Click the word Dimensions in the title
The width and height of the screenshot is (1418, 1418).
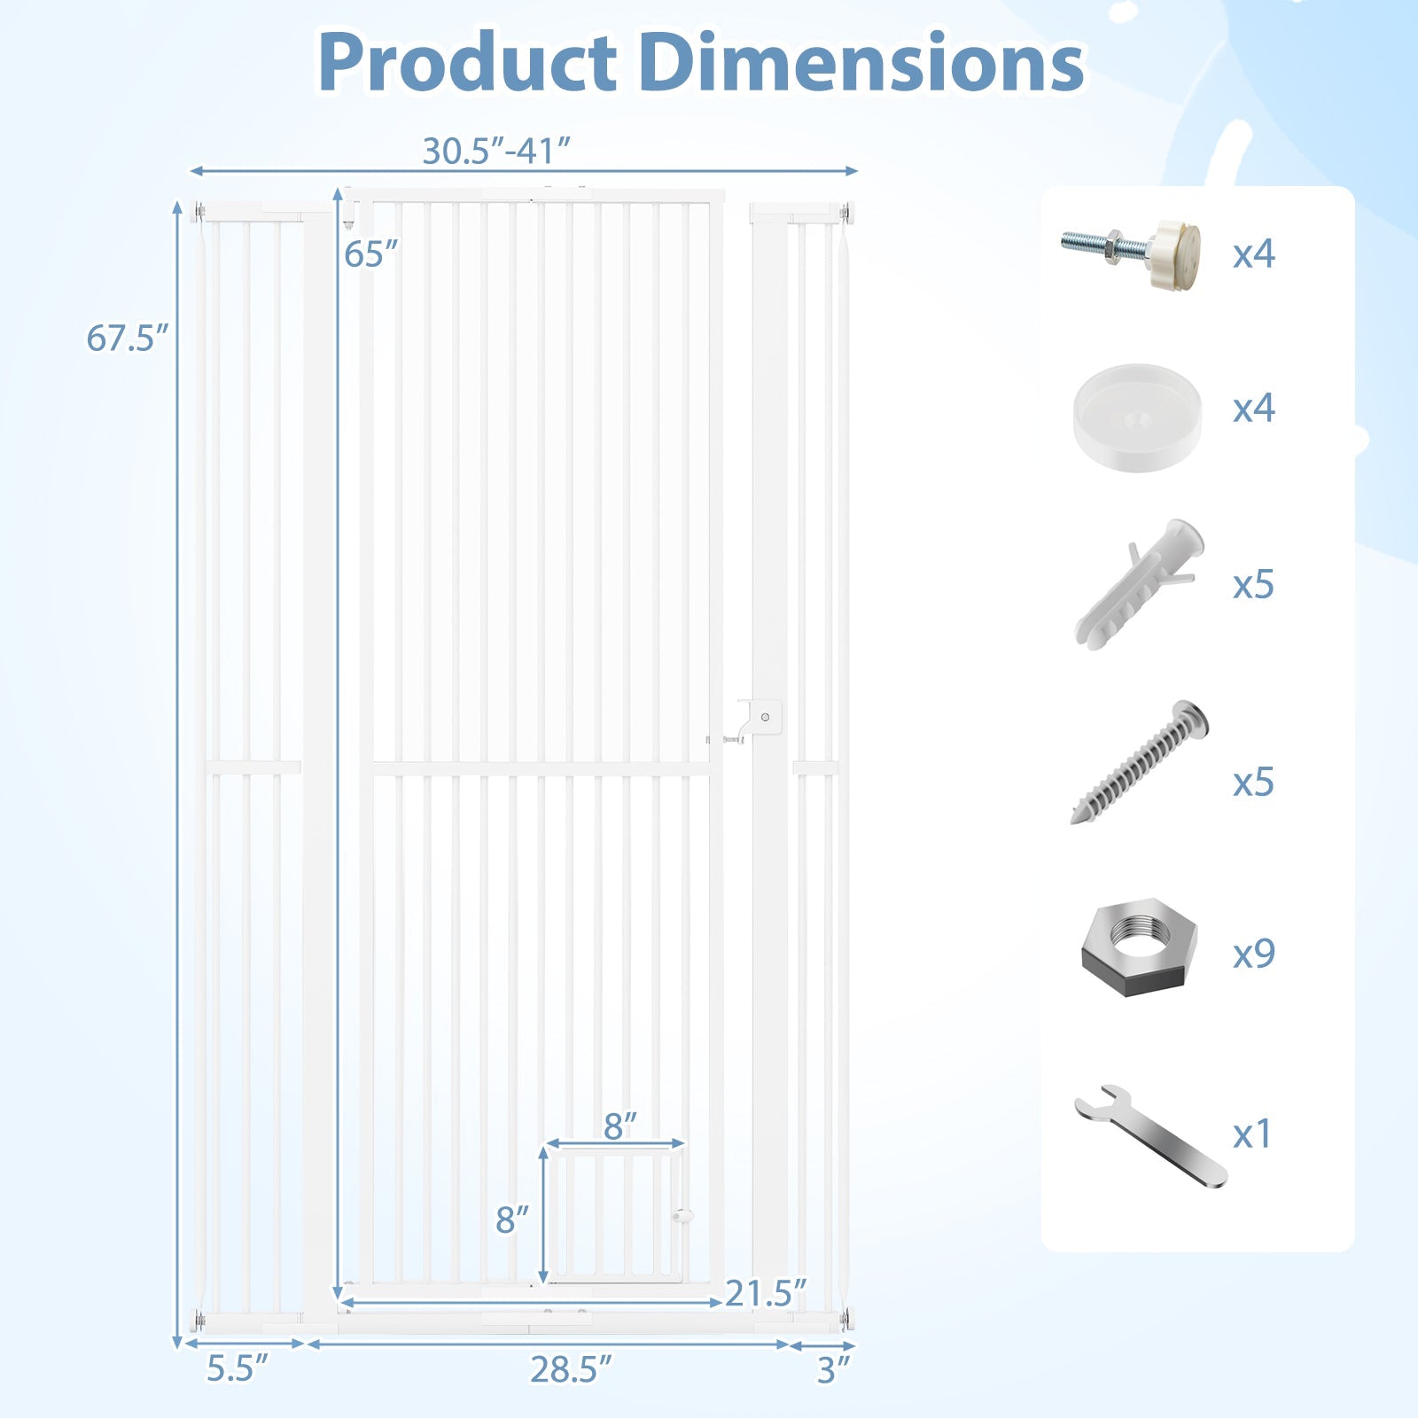coord(861,62)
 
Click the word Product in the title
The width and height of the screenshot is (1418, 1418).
coord(467,62)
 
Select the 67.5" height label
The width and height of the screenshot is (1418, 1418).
coord(127,339)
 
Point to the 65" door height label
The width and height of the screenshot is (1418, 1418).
coord(370,254)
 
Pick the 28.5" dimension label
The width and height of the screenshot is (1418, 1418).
coord(571,1369)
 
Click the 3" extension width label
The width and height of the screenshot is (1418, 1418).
coord(833,1370)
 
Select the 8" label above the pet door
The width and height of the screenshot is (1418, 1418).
coord(619,1126)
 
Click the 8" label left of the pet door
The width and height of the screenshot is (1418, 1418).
coord(512,1219)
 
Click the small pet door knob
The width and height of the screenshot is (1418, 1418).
coord(682,1216)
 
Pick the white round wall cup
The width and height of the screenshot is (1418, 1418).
coord(1137,416)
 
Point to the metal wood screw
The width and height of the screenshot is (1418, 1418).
coord(1140,762)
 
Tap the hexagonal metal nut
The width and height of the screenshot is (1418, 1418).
coord(1139,947)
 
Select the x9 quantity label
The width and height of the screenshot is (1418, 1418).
coord(1253,953)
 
